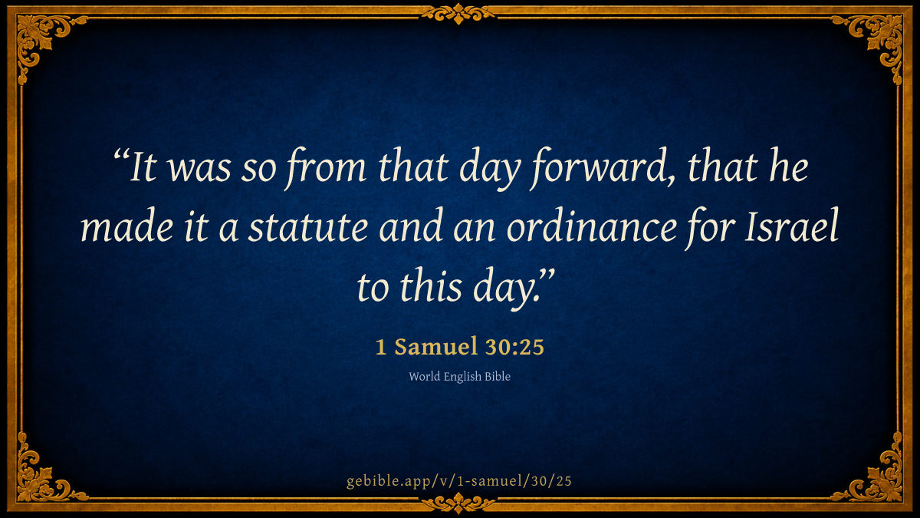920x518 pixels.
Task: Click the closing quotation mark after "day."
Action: click(x=546, y=275)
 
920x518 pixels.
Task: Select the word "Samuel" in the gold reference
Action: click(x=435, y=347)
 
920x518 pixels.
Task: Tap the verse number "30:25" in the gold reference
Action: click(x=514, y=347)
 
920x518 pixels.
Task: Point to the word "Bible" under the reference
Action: click(x=498, y=376)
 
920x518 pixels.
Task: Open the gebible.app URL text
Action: click(x=459, y=481)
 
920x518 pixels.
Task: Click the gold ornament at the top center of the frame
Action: click(x=458, y=14)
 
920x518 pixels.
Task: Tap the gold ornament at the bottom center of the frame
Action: click(x=458, y=503)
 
